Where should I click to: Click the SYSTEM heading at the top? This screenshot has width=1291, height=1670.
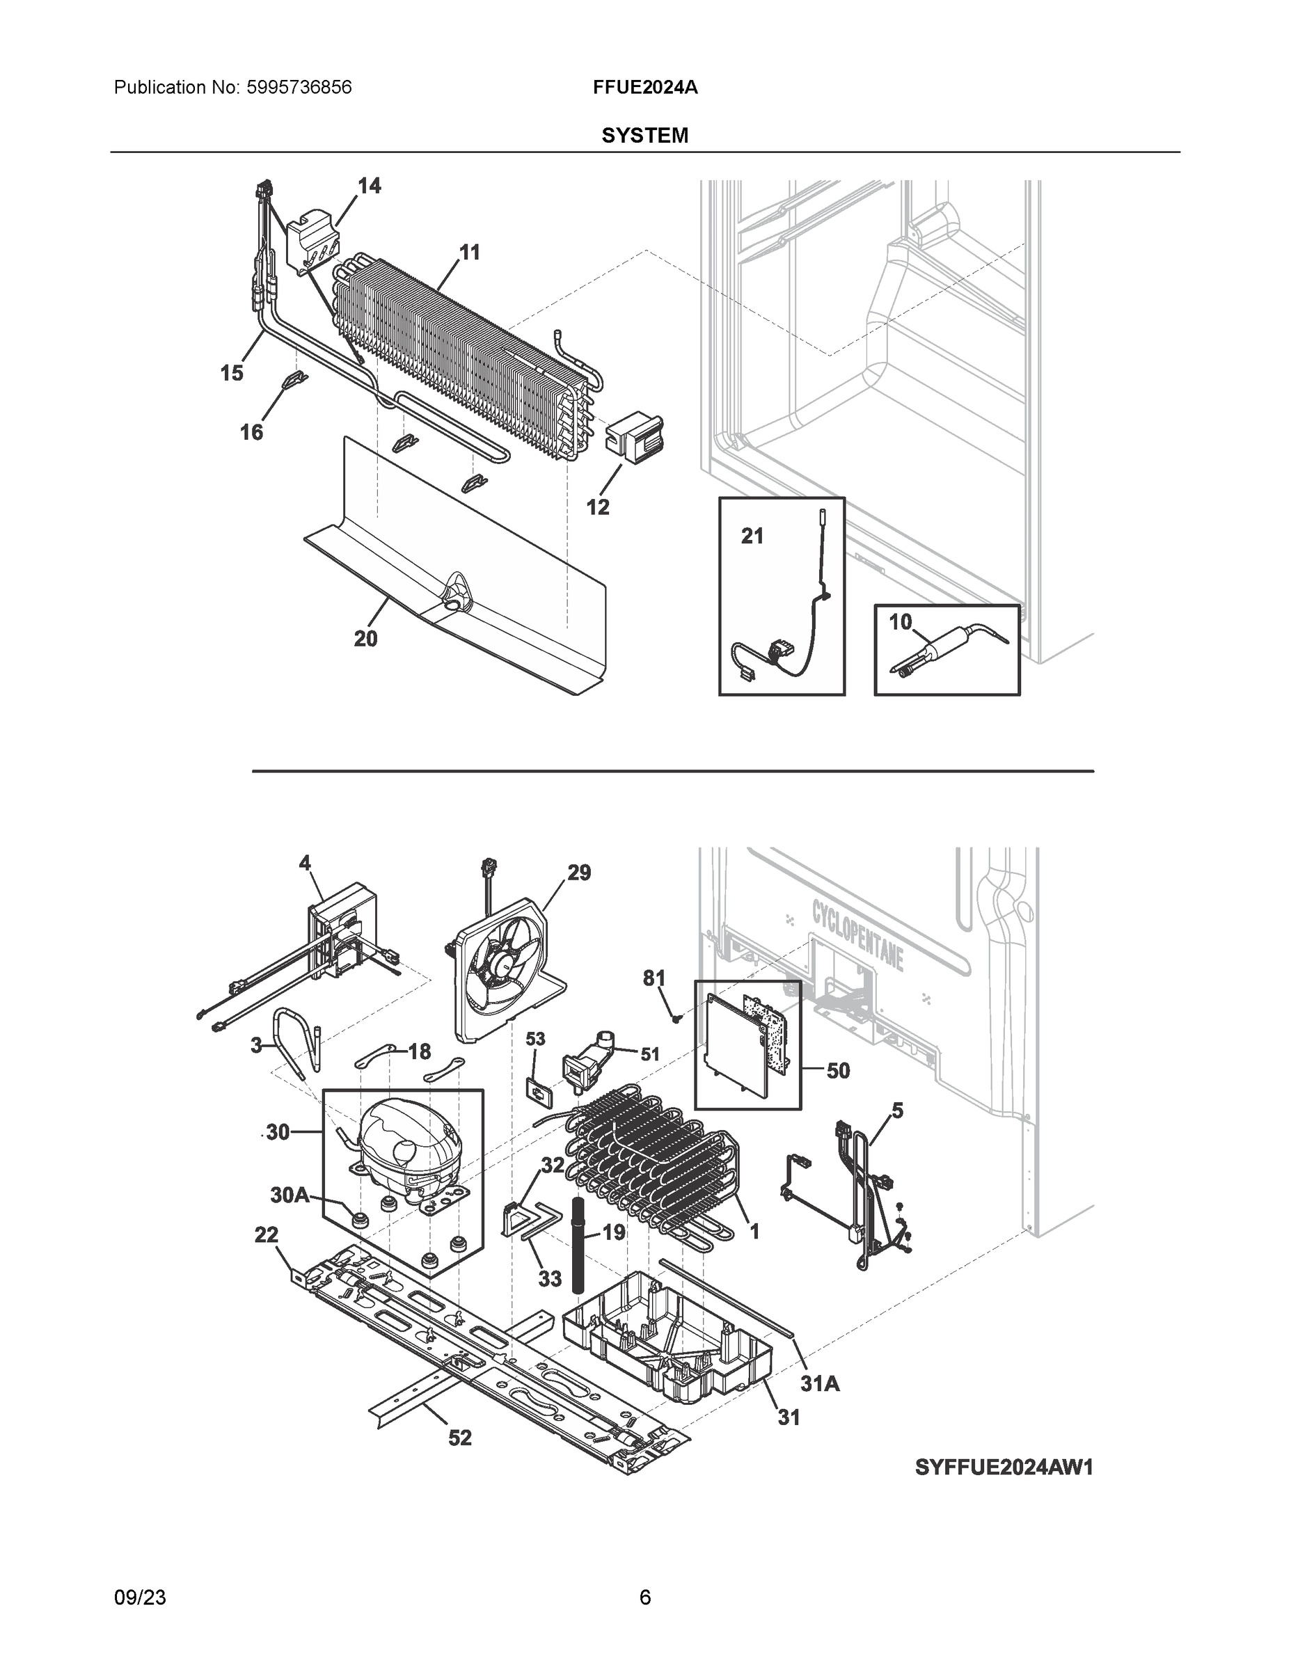(644, 136)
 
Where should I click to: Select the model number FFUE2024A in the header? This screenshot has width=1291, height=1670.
(644, 87)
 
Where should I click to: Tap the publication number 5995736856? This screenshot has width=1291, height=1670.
(299, 87)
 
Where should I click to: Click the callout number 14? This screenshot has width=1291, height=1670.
(370, 186)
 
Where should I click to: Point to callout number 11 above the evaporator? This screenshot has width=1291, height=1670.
(470, 252)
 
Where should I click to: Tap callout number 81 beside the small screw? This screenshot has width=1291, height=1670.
(654, 978)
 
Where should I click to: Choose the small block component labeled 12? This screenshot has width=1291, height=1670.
(634, 438)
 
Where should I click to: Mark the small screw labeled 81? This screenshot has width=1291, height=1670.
(675, 1018)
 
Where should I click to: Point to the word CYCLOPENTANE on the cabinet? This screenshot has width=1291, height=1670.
(857, 935)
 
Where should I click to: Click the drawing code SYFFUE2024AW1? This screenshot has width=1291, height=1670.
(1004, 1467)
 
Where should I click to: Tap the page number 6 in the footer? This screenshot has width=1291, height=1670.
(644, 1597)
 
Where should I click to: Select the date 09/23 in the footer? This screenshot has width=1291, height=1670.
(140, 1597)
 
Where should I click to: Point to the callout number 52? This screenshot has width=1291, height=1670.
(459, 1438)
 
